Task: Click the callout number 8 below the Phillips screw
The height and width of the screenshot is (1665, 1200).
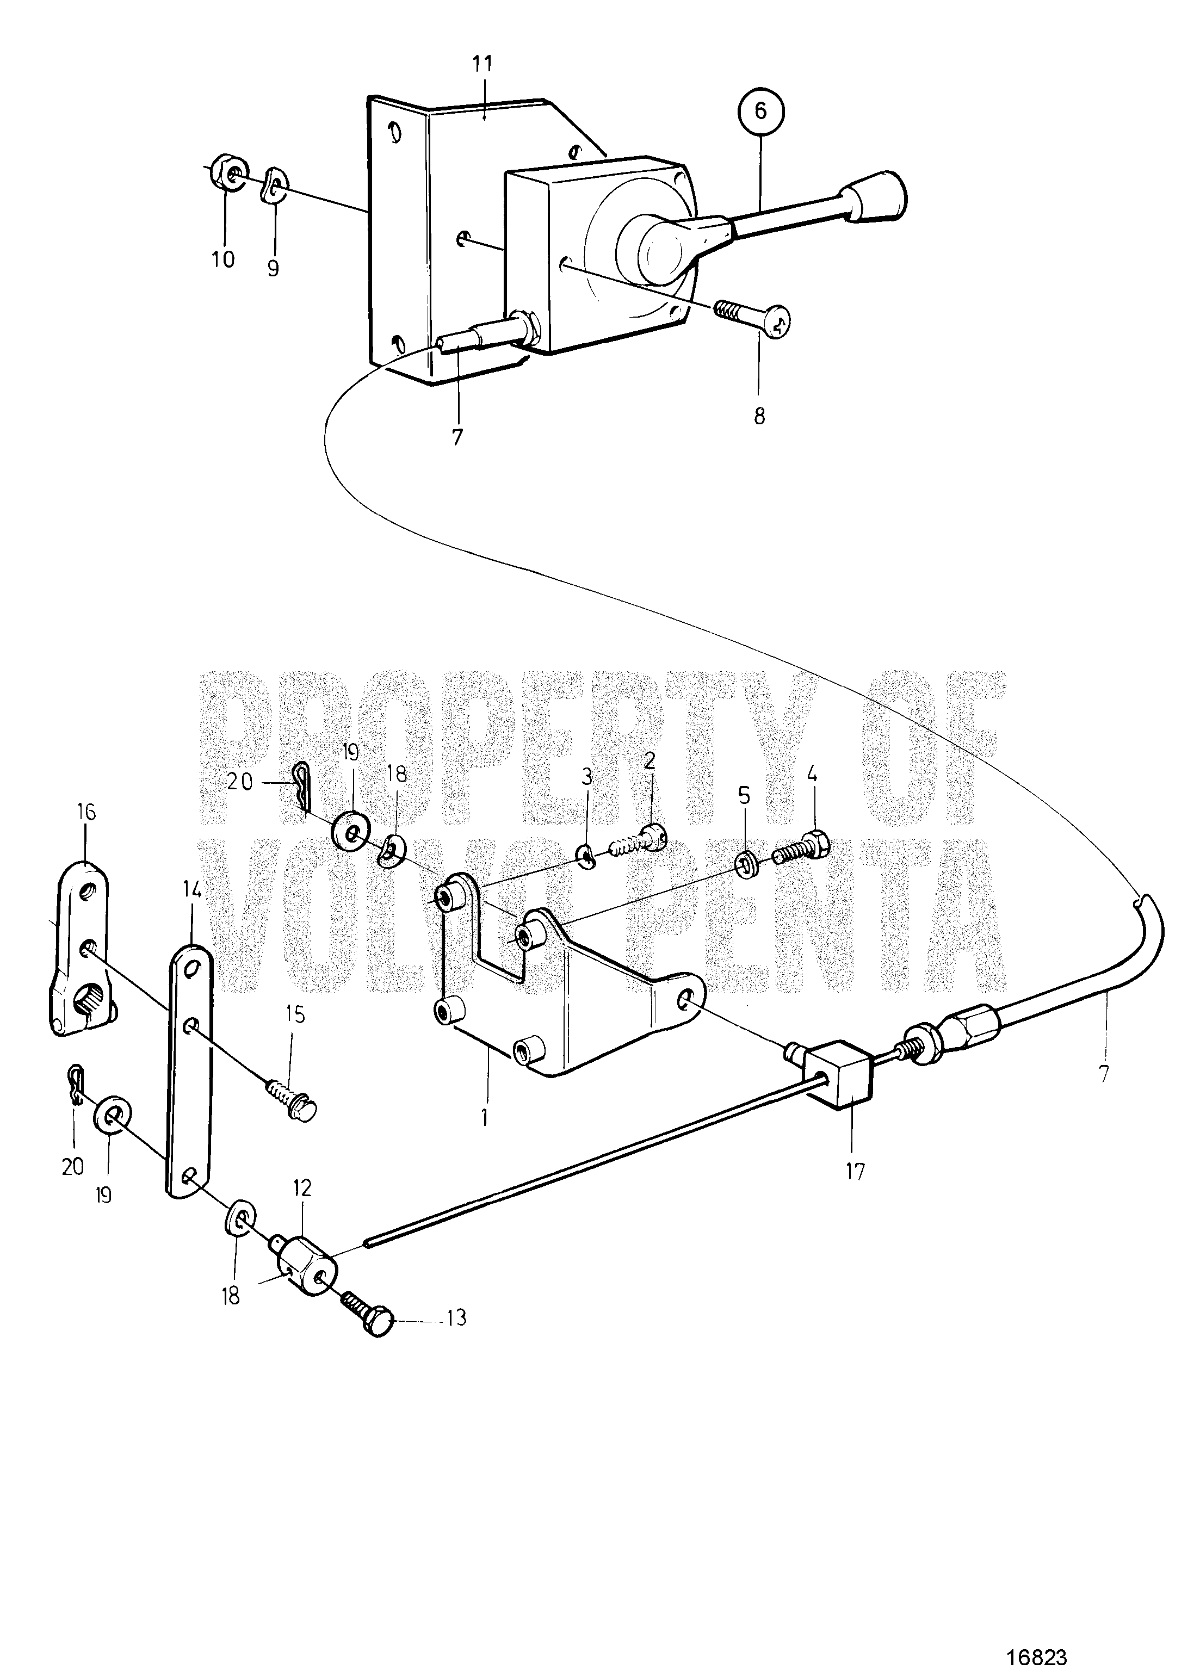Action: coord(759,416)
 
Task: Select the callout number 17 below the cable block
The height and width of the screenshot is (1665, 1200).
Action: coord(855,1171)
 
